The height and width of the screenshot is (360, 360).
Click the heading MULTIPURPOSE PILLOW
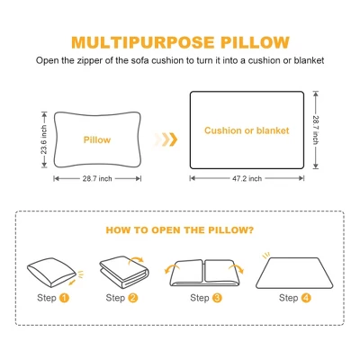pos(180,42)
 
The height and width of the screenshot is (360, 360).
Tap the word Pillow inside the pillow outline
pos(97,140)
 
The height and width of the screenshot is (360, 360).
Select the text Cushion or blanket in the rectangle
pos(247,130)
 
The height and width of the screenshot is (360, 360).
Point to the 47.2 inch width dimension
pos(247,178)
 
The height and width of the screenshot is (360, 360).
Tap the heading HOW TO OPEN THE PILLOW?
pos(180,230)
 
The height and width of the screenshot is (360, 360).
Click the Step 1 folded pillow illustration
pos(51,271)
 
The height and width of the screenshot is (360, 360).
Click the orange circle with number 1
pos(65,298)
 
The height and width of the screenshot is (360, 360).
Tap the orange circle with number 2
pos(133,298)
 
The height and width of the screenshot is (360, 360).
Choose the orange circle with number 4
pos(306,298)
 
